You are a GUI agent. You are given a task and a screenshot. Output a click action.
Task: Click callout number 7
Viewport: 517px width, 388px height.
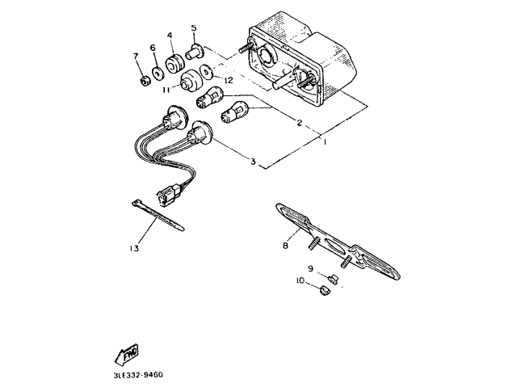point(136,56)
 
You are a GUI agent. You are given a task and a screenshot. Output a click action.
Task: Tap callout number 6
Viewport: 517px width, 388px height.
point(153,48)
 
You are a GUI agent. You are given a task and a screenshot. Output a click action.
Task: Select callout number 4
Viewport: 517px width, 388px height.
point(170,36)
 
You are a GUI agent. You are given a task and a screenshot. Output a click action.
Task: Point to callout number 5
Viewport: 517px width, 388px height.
point(194,28)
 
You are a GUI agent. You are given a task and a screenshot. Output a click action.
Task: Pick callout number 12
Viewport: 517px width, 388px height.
point(229,80)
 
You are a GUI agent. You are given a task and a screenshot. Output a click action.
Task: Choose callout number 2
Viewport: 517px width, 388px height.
point(299,123)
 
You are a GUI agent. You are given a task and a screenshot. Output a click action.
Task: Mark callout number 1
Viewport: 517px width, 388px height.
point(323,142)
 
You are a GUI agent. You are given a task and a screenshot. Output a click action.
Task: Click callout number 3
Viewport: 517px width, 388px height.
point(253,162)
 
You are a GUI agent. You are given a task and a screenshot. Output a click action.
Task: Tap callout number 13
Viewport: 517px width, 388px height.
point(132,248)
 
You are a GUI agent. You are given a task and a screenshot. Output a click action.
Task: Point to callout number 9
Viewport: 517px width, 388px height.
point(309,268)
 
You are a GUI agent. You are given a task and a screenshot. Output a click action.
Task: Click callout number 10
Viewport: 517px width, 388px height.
point(299,281)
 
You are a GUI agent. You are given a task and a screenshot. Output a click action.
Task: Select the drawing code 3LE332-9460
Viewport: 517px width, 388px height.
point(139,375)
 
